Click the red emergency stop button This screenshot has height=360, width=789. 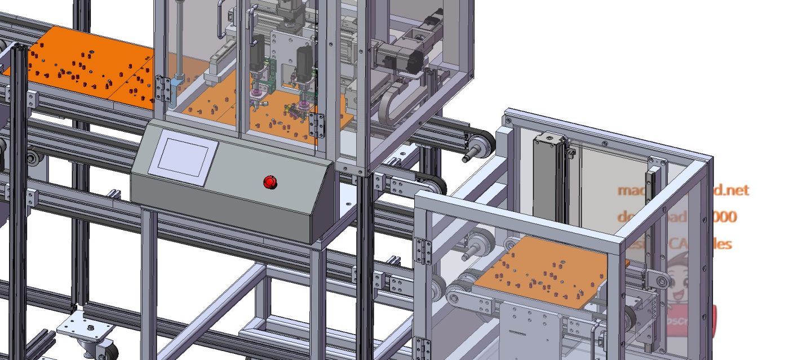tap(271, 182)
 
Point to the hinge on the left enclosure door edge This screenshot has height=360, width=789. tap(163, 89)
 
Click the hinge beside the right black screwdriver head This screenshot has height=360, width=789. tap(317, 126)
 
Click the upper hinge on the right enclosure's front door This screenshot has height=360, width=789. tap(422, 251)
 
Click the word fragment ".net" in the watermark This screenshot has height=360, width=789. tap(733, 190)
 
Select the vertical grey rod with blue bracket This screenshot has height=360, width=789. tap(179, 39)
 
